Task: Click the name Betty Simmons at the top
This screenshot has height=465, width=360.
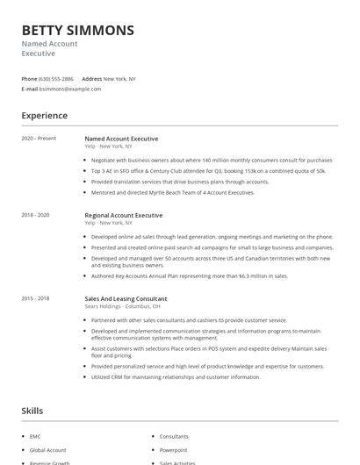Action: [x=78, y=31]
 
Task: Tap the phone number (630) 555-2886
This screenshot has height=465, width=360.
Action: [x=61, y=79]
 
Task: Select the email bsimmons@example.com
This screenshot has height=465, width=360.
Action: [x=70, y=89]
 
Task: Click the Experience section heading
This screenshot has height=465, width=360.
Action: [x=45, y=116]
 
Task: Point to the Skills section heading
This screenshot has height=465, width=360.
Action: [x=33, y=410]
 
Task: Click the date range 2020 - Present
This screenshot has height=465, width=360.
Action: [x=39, y=139]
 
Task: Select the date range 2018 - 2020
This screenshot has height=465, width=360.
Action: [x=36, y=215]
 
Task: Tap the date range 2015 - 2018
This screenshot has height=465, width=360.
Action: [x=36, y=298]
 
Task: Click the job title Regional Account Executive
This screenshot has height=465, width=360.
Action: [x=124, y=215]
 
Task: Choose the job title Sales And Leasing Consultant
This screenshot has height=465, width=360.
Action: [x=127, y=298]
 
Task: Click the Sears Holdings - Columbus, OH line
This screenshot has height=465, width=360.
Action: [x=123, y=306]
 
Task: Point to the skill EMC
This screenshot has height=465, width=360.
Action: [x=35, y=436]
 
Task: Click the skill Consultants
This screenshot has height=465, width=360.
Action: [x=174, y=436]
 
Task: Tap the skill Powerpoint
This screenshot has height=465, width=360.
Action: [x=173, y=448]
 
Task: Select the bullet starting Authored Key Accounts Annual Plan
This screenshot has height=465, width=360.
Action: [x=189, y=275]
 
